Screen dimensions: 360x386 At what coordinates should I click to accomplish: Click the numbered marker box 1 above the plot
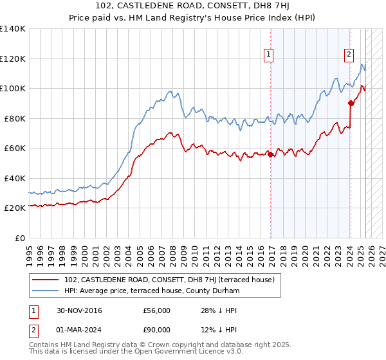[x=268, y=55]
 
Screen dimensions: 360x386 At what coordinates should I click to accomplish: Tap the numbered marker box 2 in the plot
[x=349, y=55]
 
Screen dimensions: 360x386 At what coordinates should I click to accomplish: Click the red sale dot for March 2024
[x=351, y=103]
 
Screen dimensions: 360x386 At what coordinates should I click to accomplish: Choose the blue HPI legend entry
[x=152, y=291]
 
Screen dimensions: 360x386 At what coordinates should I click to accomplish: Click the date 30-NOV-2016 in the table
[x=79, y=310]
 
